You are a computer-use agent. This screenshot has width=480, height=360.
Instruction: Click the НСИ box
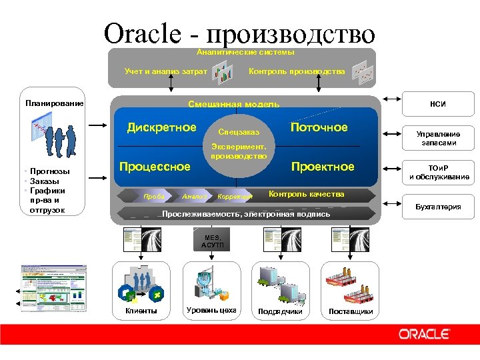point(438,104)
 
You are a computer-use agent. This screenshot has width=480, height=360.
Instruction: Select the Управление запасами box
point(438,139)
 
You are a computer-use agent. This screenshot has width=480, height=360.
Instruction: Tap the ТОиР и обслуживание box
point(438,173)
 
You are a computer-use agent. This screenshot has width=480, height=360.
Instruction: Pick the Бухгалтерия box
point(438,207)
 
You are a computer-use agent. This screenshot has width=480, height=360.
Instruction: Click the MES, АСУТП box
point(212,241)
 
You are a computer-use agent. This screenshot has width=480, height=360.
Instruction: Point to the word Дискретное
point(162,127)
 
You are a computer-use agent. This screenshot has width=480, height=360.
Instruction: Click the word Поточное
point(319,127)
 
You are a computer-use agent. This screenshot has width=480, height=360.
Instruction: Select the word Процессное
point(155,167)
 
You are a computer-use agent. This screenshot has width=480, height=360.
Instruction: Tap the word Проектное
point(323,167)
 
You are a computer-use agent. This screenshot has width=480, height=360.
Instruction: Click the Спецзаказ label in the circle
point(238,132)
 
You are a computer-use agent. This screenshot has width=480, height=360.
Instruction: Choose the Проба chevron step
point(154,197)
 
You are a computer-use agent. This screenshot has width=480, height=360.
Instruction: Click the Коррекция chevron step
point(235,197)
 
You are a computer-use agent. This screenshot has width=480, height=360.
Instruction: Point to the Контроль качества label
point(306,194)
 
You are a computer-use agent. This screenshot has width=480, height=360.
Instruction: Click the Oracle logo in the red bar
point(424,333)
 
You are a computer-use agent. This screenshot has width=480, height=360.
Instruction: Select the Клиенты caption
point(141,311)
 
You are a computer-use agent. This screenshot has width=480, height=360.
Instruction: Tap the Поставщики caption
point(351,312)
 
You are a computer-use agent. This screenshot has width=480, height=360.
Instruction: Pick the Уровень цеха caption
point(211,310)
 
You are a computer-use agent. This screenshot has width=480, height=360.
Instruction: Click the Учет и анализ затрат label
point(166,71)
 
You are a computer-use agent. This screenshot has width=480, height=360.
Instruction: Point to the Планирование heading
point(55,103)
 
